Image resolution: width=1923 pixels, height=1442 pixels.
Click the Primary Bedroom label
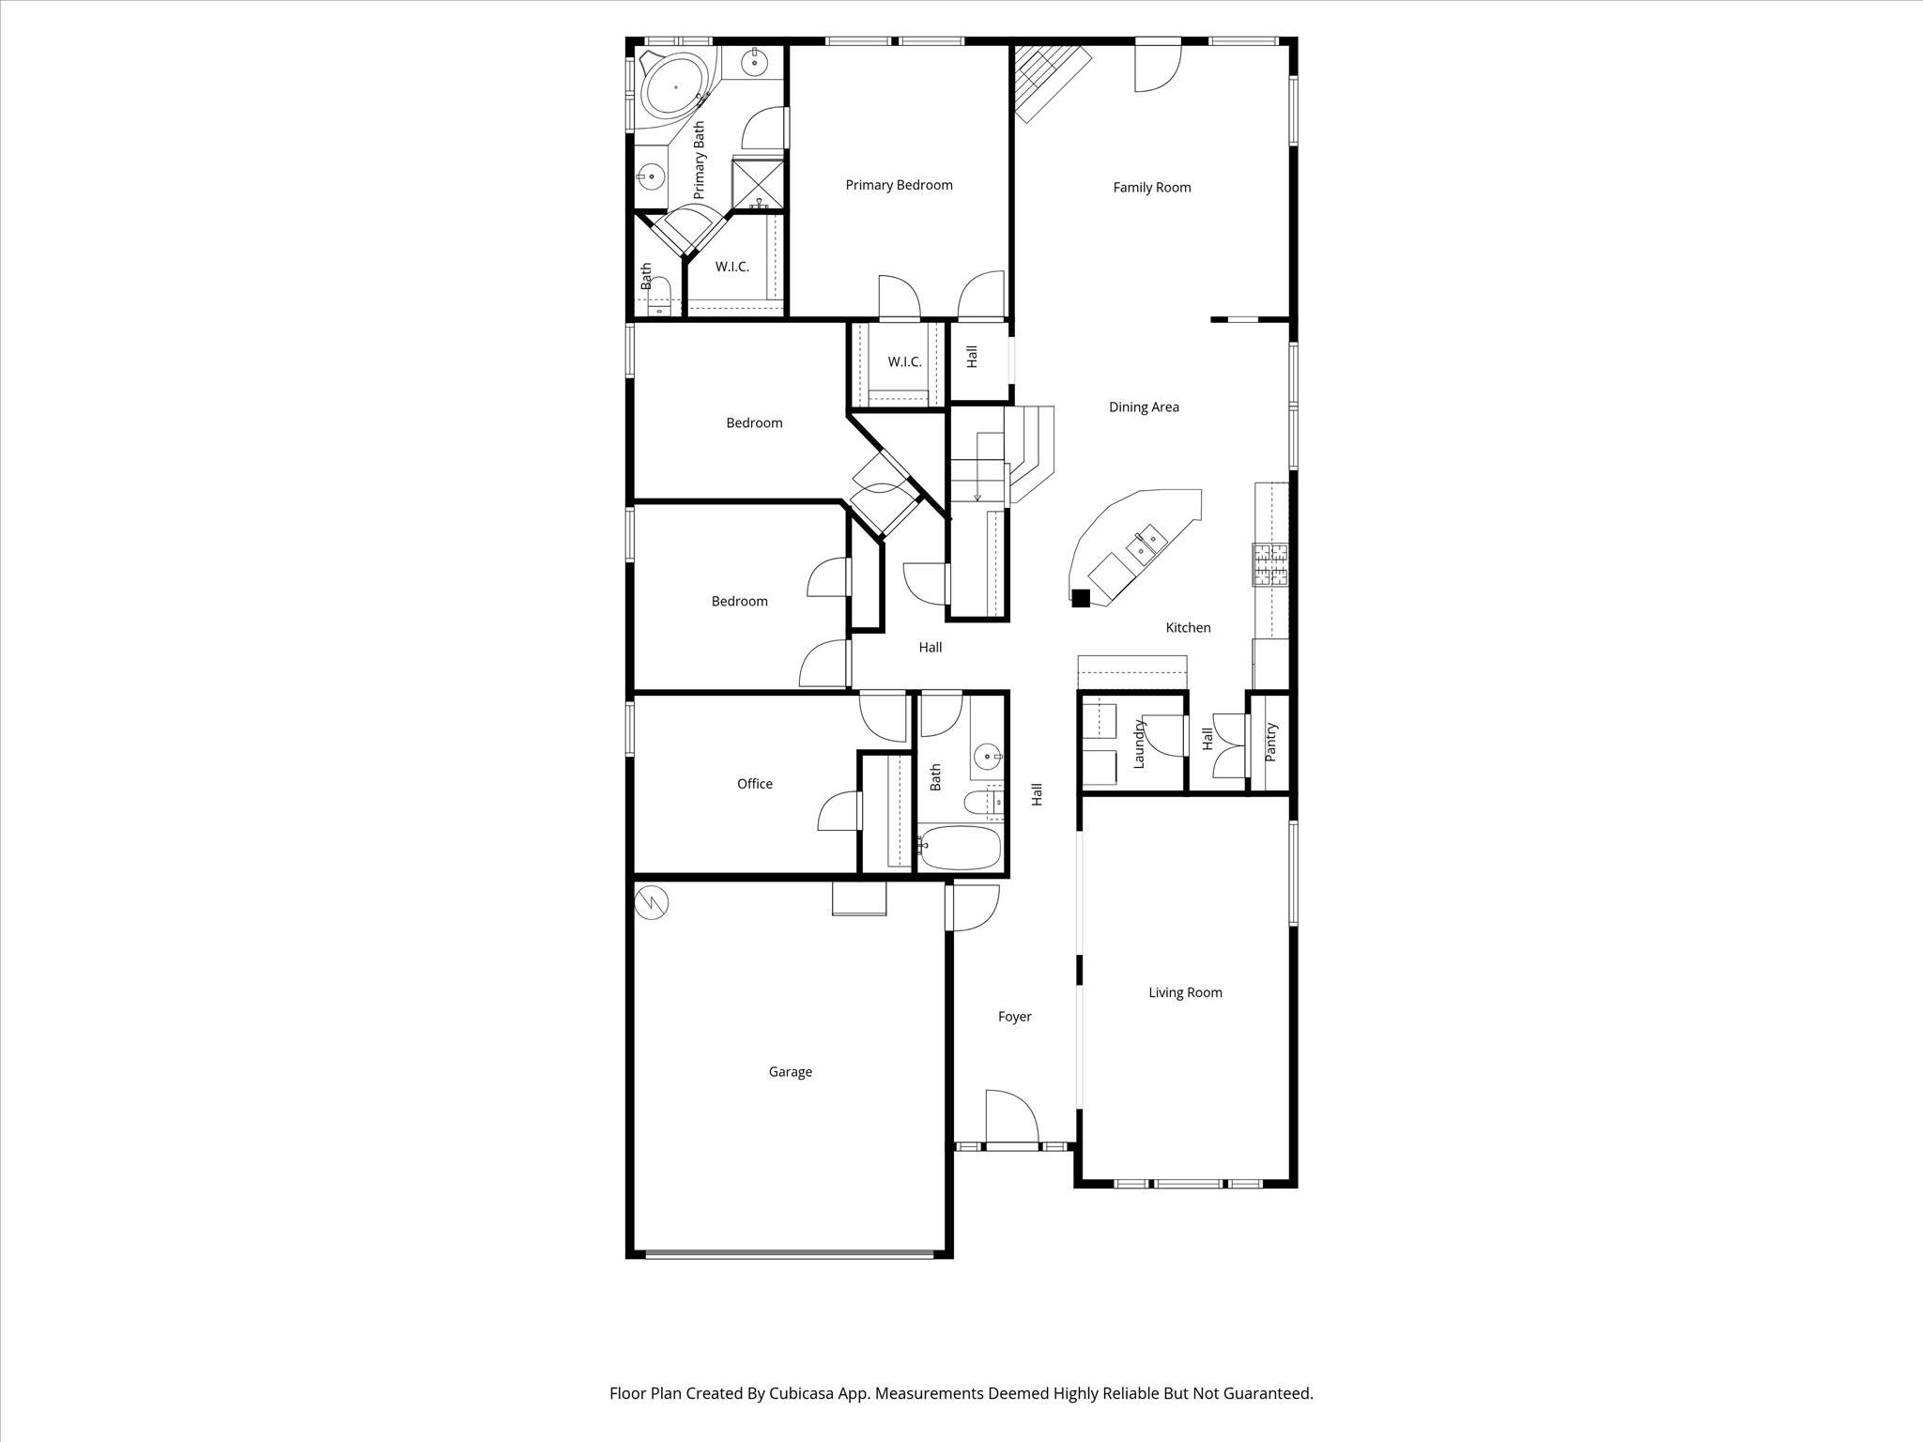coord(899,185)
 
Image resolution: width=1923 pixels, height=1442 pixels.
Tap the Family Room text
coord(1151,188)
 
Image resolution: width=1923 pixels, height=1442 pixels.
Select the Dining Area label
coord(1143,407)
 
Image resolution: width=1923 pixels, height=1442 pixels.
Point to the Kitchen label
coord(1188,628)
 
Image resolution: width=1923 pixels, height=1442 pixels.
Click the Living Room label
coord(1185,992)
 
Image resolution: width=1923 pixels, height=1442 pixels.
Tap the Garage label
coord(790,1072)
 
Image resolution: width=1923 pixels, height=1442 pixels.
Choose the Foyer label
coord(1014,1017)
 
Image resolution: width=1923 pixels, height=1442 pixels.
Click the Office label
coord(754,784)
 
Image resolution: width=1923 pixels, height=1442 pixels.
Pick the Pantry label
coord(1271,742)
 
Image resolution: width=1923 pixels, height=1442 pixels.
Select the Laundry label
coord(1140,744)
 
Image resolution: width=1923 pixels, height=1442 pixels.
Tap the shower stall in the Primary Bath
coord(758,184)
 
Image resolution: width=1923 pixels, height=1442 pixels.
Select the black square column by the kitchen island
coord(1081,597)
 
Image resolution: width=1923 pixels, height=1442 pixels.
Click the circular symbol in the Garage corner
coord(652,902)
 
